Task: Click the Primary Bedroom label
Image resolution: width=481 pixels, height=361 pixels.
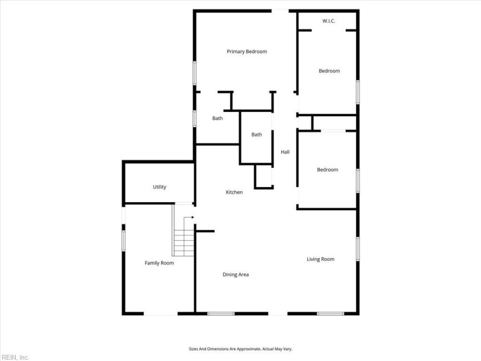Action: pos(247,52)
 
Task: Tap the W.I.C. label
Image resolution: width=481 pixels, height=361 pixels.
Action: pos(328,21)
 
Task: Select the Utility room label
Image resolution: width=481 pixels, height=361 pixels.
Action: pos(159,187)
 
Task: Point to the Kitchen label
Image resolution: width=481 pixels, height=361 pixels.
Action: pos(234,192)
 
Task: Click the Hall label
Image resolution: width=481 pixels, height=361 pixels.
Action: pos(285,152)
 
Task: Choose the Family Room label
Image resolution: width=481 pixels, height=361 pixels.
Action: pos(159,263)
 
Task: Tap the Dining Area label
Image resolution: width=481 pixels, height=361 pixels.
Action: pos(236,275)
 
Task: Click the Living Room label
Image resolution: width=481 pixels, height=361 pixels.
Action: pos(320,259)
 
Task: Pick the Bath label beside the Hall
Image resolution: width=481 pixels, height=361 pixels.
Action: pos(257,134)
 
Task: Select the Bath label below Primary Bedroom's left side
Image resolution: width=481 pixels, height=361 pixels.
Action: pos(218,118)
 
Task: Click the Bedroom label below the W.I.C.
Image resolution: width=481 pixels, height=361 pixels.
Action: pos(329,71)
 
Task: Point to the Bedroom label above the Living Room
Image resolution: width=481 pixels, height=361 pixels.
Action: pos(328,170)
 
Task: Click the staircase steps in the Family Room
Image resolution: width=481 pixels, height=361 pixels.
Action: pos(183,242)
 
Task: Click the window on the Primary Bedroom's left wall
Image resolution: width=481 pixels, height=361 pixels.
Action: pos(194,73)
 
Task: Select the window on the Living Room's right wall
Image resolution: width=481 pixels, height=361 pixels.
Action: pos(358,249)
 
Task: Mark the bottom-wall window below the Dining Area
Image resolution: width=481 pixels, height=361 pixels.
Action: pos(221,313)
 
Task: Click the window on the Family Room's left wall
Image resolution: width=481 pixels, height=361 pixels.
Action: pos(124,241)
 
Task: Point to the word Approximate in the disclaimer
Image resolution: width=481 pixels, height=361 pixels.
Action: pos(250,349)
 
